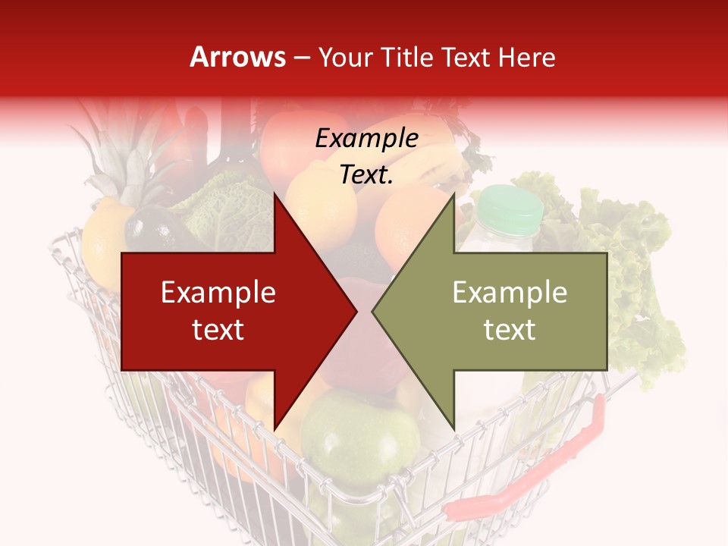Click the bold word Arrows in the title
(x=238, y=57)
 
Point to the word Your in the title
(x=346, y=58)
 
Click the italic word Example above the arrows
(x=366, y=139)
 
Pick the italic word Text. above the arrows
(x=366, y=175)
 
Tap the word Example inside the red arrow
(x=218, y=293)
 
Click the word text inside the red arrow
(x=218, y=330)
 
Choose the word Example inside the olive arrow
(x=510, y=293)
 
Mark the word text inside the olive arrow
(x=510, y=330)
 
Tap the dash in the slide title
(x=302, y=58)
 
